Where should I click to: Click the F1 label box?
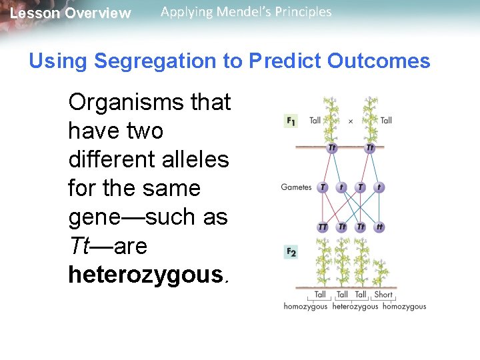[291, 121]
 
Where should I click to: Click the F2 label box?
[291, 251]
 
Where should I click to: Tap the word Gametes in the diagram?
[296, 187]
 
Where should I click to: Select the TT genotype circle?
[323, 227]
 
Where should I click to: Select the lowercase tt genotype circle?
[379, 227]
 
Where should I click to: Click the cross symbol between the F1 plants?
[351, 121]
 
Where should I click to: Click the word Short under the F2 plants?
[383, 295]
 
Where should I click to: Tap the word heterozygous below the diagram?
[355, 307]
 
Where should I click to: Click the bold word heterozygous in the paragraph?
[147, 275]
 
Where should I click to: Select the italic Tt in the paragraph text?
[81, 246]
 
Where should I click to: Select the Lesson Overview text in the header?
[71, 13]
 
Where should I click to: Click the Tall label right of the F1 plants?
[386, 121]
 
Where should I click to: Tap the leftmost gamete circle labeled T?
[323, 187]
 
